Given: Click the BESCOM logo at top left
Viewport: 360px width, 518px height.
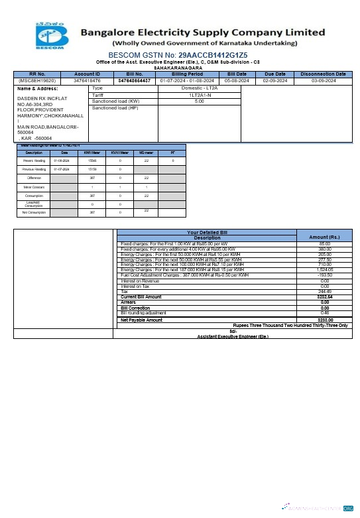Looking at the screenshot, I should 51,36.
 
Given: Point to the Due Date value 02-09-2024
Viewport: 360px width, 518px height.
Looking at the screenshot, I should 274,80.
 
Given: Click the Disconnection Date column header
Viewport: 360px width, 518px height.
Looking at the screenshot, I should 323,74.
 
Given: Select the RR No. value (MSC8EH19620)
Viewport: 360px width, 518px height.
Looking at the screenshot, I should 37,80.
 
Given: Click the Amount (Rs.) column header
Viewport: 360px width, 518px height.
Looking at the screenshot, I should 325,237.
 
